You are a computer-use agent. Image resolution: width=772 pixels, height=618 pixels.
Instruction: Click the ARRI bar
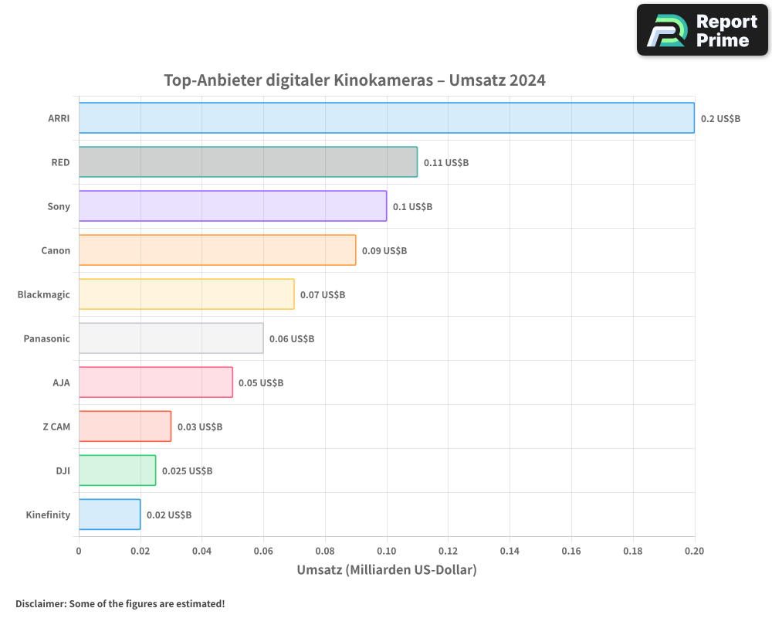pyautogui.click(x=386, y=118)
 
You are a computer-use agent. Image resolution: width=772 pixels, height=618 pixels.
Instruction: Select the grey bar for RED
pyautogui.click(x=248, y=162)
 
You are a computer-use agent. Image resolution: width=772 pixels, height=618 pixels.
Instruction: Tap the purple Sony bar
pyautogui.click(x=232, y=206)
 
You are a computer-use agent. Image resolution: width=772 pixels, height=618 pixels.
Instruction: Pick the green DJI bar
pyautogui.click(x=117, y=470)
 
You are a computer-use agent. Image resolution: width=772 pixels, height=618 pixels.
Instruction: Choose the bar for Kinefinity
pyautogui.click(x=110, y=514)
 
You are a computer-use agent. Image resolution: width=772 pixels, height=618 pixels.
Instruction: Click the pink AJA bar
pyautogui.click(x=155, y=382)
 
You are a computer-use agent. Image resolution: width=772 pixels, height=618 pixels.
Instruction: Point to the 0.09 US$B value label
pyautogui.click(x=384, y=251)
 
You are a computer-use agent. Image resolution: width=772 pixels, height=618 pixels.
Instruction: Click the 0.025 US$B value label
pyautogui.click(x=187, y=471)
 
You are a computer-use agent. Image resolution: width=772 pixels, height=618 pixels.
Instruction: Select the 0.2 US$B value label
pyautogui.click(x=720, y=119)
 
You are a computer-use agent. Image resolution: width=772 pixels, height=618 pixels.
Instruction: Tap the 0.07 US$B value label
pyautogui.click(x=322, y=295)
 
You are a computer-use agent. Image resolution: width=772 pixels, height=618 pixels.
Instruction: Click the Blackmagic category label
pyautogui.click(x=43, y=294)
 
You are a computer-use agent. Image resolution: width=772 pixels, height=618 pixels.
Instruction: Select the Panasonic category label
pyautogui.click(x=46, y=338)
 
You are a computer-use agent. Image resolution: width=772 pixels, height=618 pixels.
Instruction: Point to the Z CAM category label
pyautogui.click(x=56, y=426)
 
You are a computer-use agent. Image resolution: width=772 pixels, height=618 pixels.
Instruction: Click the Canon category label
pyautogui.click(x=56, y=250)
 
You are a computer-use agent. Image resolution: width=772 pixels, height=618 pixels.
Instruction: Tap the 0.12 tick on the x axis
pyautogui.click(x=449, y=551)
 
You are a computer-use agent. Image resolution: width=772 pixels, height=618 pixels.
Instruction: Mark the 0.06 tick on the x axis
pyautogui.click(x=263, y=551)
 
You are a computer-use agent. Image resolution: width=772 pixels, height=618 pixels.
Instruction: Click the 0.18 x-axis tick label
pyautogui.click(x=633, y=551)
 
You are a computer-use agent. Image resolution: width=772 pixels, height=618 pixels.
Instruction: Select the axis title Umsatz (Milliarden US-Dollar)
pyautogui.click(x=387, y=570)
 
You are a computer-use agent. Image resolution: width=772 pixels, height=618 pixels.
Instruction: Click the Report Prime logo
pyautogui.click(x=702, y=30)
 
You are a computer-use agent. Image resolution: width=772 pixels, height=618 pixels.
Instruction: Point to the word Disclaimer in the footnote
pyautogui.click(x=39, y=604)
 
